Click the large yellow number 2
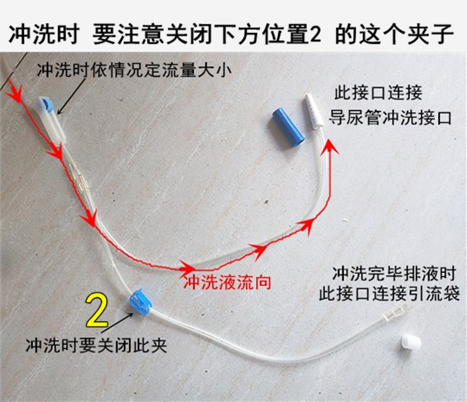(98, 310)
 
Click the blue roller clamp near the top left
(47, 105)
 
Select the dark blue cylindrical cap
(286, 128)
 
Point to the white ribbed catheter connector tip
(311, 112)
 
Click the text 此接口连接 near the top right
(379, 93)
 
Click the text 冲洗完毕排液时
(395, 273)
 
